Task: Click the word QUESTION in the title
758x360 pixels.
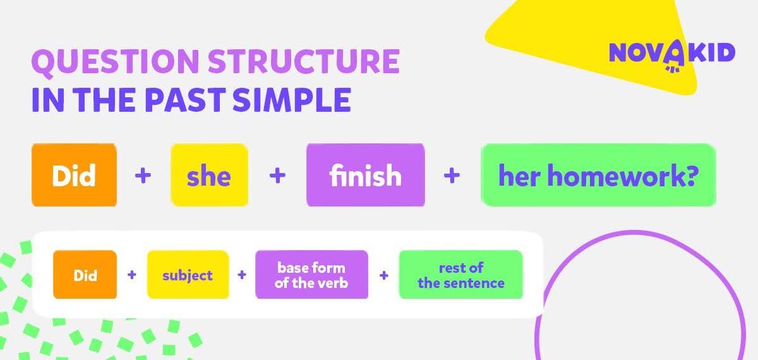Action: [x=115, y=63]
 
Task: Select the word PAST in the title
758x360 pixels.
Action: [x=186, y=100]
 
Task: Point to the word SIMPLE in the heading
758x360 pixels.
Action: [x=292, y=100]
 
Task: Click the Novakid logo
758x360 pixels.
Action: [x=672, y=55]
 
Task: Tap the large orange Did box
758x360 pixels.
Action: [x=74, y=175]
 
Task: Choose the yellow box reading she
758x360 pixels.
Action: [x=210, y=175]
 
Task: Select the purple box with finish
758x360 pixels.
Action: [x=366, y=175]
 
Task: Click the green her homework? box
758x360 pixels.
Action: [x=598, y=175]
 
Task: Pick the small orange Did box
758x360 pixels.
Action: [x=85, y=274]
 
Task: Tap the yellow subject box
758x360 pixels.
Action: [x=188, y=274]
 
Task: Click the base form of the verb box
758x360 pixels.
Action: [x=311, y=274]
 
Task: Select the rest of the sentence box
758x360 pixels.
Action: [x=461, y=274]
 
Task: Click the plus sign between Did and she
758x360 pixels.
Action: [x=143, y=176]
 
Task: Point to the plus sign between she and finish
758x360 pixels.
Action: [x=277, y=176]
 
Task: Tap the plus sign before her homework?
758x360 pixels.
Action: [x=452, y=176]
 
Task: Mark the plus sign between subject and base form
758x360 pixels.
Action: [x=241, y=275]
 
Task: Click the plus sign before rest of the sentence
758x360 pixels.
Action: [x=384, y=275]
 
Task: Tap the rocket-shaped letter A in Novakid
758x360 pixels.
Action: [x=674, y=55]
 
